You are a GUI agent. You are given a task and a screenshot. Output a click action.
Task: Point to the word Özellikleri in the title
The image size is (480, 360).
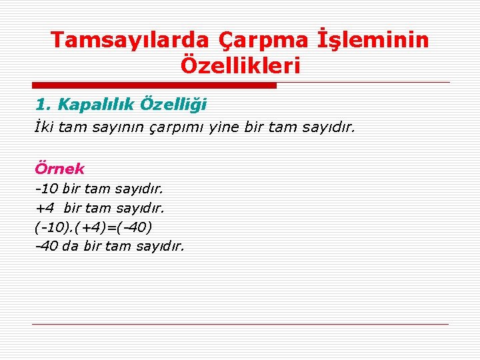240,66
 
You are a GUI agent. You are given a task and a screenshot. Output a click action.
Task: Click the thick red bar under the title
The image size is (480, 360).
154,85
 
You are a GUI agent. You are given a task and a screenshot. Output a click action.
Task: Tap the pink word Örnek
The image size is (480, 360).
59,169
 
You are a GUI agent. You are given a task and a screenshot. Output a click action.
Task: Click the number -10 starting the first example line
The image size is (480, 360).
47,189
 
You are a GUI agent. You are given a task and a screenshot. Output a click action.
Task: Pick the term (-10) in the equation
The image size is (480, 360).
53,227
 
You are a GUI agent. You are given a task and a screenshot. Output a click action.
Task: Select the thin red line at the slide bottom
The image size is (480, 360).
240,325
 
